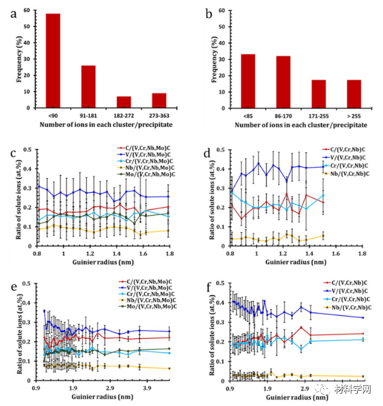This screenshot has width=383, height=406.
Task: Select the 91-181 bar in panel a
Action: [88, 86]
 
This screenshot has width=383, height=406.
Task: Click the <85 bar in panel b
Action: [248, 81]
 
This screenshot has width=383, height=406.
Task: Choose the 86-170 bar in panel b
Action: [283, 81]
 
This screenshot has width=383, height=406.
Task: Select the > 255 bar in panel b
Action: [354, 93]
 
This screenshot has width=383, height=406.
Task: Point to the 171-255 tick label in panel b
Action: [318, 114]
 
